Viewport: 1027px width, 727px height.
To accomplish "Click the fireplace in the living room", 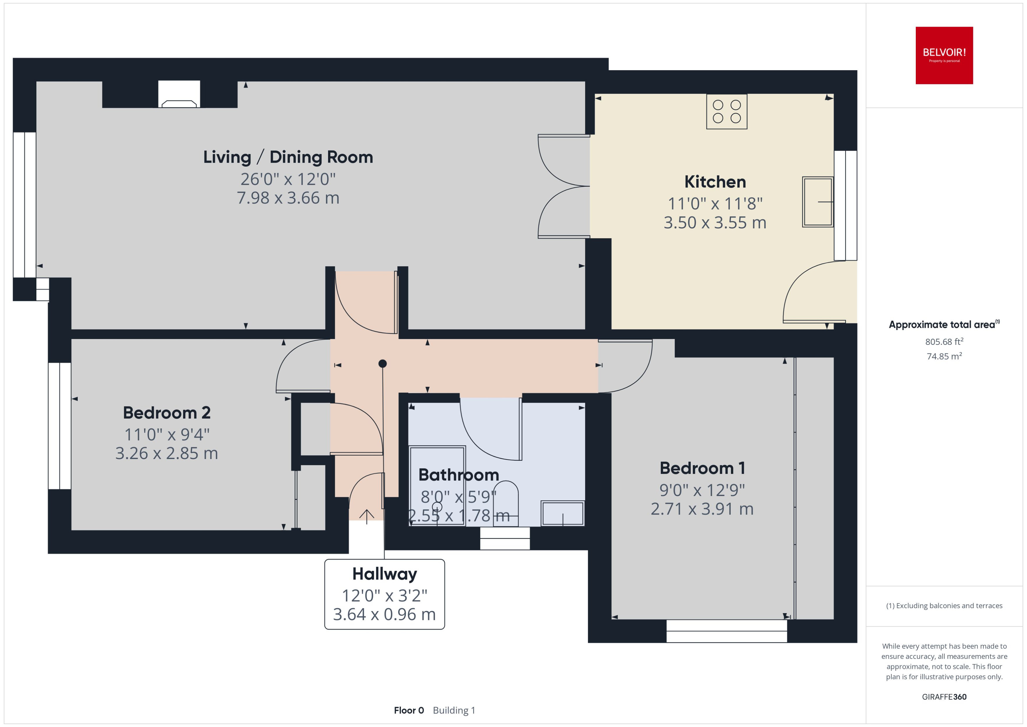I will point(179,95).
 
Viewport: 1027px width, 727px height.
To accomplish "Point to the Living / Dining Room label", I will point(288,157).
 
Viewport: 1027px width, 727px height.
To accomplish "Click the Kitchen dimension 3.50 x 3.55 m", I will point(715,222).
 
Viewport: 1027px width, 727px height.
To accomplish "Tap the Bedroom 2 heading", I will point(166,413).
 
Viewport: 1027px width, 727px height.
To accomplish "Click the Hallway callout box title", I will point(384,573).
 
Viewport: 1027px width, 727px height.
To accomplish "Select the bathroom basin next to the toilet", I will point(563,513).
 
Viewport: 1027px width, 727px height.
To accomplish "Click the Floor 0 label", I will point(408,711).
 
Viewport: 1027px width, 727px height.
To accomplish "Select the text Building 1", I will point(454,711).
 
